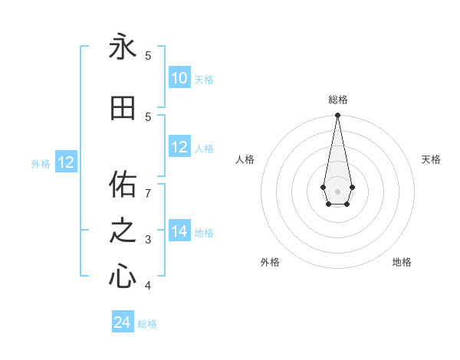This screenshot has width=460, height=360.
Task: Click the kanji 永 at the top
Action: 123,47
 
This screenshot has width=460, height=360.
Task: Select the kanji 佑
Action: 123,185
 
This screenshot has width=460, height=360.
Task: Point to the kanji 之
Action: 123,231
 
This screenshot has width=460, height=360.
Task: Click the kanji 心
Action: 123,277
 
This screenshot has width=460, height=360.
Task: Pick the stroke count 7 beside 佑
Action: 149,192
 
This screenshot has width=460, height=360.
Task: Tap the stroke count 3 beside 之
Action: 149,240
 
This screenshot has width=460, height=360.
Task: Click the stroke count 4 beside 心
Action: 149,286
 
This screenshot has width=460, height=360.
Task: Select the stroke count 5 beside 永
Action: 149,55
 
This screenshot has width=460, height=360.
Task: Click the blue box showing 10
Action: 179,78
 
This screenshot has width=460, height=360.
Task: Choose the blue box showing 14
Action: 179,231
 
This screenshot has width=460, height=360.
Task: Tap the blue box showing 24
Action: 123,322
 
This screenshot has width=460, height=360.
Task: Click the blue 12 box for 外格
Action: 66,162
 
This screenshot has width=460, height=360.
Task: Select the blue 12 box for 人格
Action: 179,147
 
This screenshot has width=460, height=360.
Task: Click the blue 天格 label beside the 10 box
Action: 203,80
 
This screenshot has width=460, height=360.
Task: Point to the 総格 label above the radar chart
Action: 337,100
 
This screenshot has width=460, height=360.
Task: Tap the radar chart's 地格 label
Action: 402,262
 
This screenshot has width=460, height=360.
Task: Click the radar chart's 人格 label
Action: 245,159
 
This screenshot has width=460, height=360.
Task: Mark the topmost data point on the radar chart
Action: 337,116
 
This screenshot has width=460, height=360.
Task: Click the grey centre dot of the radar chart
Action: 337,191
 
